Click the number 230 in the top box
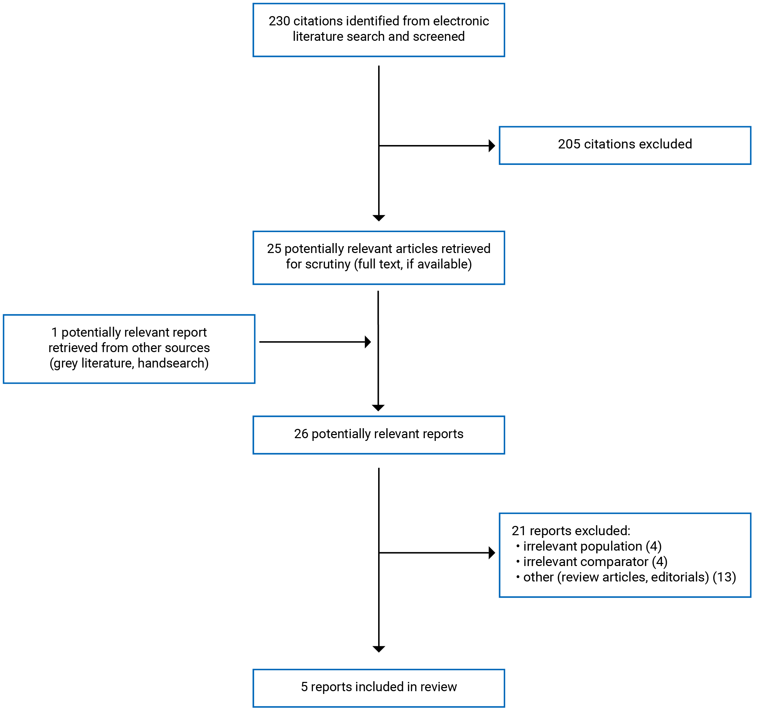279,21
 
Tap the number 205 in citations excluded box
569,144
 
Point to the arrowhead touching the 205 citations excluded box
491,146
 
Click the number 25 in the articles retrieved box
274,249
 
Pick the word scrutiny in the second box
328,264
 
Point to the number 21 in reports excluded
518,531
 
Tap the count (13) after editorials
724,577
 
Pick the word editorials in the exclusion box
679,577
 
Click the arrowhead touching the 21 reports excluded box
491,553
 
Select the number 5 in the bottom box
304,687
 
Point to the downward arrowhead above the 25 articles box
379,218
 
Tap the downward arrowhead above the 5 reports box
379,649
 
